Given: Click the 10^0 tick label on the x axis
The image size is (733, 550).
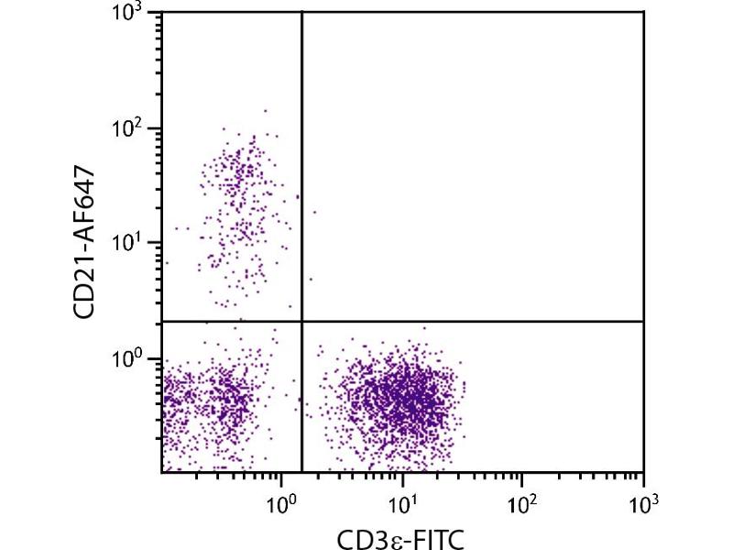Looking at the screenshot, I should [x=280, y=504].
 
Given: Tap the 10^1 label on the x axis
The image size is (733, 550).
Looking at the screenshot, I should [x=401, y=504].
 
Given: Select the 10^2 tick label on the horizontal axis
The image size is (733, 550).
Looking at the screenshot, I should [x=521, y=504].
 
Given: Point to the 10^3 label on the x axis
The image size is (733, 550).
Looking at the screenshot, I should [x=643, y=504].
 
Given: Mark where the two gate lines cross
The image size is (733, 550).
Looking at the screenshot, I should [x=301, y=321].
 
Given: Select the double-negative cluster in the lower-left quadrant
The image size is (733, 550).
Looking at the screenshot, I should [x=220, y=403].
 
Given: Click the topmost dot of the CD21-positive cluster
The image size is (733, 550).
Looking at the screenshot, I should [x=266, y=111].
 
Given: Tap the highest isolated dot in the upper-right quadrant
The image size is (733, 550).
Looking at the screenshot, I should [x=314, y=212].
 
